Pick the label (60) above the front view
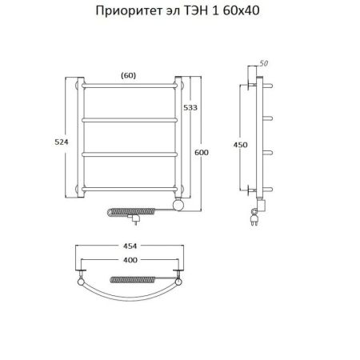click(x=127, y=75)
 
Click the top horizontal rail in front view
click(x=127, y=84)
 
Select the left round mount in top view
click(x=82, y=282)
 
